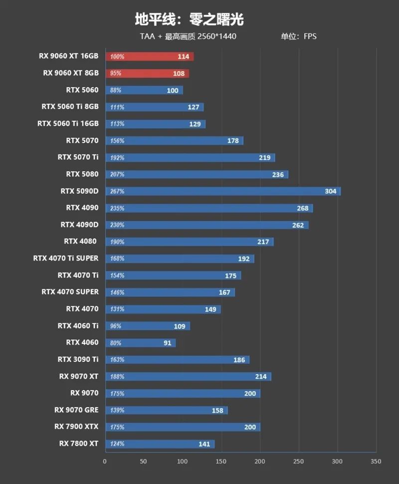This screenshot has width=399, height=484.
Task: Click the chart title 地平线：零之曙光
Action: (189, 19)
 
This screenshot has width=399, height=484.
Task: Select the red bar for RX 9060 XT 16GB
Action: (149, 57)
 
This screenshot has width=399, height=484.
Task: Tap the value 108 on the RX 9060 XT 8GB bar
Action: (178, 73)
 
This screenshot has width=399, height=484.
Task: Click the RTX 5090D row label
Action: (79, 191)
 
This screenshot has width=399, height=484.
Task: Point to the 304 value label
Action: (330, 191)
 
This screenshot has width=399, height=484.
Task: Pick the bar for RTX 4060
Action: (140, 343)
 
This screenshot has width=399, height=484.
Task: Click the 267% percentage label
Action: (117, 191)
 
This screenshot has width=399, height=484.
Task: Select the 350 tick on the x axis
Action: (376, 462)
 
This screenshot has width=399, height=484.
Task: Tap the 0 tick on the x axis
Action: (105, 462)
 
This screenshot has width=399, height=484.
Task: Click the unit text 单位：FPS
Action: (298, 36)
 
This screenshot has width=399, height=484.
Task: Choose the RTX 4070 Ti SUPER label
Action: (66, 258)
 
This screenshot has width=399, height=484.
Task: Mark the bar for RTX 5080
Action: (197, 175)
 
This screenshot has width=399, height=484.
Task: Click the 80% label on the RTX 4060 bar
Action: (116, 343)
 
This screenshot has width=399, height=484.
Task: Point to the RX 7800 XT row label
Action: (78, 444)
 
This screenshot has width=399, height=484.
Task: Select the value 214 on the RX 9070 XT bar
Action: (261, 376)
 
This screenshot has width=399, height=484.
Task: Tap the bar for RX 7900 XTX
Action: (183, 427)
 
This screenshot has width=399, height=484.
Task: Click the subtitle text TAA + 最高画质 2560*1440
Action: (188, 36)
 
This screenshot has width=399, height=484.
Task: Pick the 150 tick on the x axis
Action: (221, 462)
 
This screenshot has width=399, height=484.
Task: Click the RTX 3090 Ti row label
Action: (78, 359)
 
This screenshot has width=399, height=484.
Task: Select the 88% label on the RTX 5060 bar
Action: (116, 90)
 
